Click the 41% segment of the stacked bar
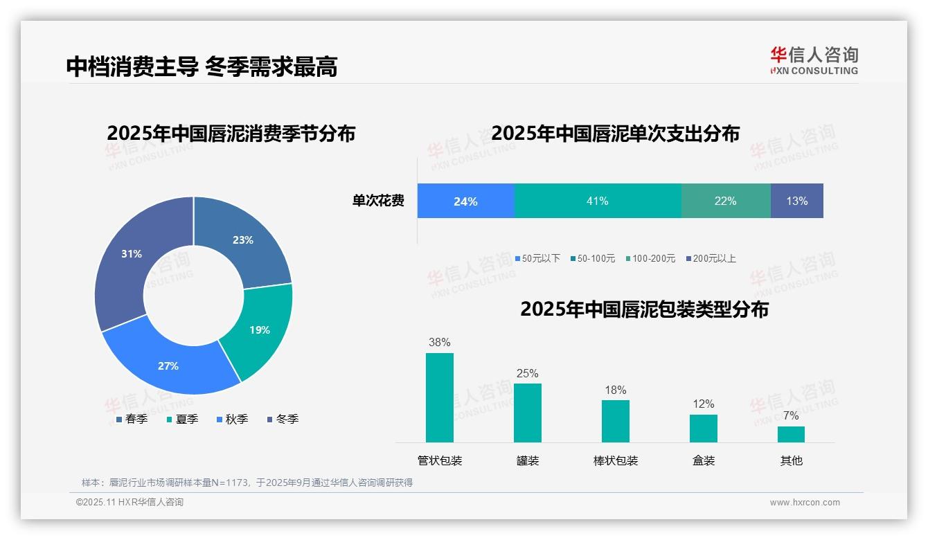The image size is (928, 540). [x=598, y=201]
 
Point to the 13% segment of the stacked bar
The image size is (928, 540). [x=796, y=201]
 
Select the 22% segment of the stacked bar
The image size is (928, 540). [x=725, y=201]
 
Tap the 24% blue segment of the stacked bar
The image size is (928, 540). [x=465, y=201]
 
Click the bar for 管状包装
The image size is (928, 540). [x=440, y=397]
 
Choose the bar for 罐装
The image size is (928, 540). [x=528, y=413]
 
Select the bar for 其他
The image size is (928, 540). [x=791, y=434]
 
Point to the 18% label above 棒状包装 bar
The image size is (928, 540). [x=616, y=390]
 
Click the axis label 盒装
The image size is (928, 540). [x=704, y=460]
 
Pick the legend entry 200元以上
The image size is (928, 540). [x=714, y=258]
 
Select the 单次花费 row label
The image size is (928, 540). [x=378, y=201]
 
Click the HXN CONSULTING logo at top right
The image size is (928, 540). [x=814, y=61]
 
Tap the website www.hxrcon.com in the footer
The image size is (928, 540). [x=805, y=502]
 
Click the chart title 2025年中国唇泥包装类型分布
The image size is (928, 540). [x=644, y=309]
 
